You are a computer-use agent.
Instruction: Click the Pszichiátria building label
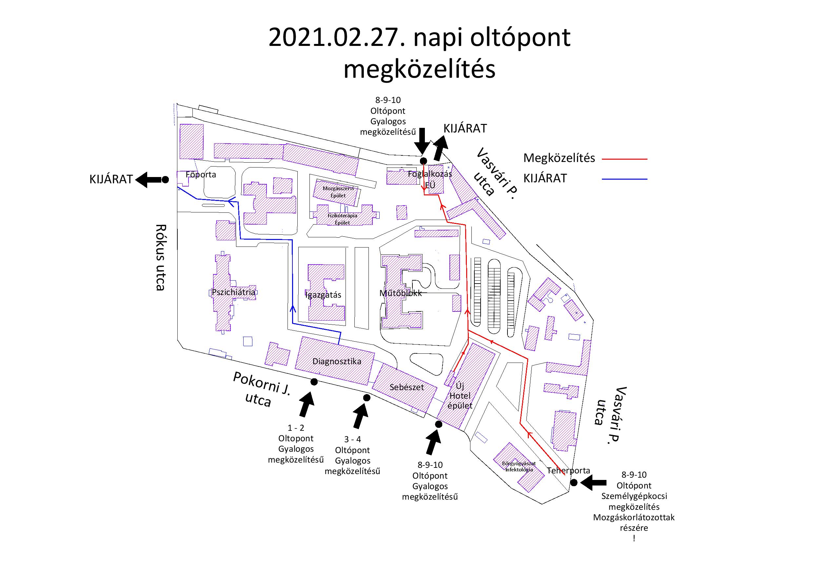point(233,292)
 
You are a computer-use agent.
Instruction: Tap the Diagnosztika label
point(337,361)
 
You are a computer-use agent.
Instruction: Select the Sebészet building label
point(407,387)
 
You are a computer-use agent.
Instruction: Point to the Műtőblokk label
point(401,293)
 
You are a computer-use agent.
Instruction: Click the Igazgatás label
point(323,295)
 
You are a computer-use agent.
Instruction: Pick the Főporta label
point(201,174)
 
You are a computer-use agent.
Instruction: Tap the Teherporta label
point(569,470)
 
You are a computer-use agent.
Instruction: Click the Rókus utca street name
point(161,257)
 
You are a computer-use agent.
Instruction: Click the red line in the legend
point(624,160)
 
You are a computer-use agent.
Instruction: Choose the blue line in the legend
point(624,179)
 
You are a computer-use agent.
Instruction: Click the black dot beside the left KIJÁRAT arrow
point(165,180)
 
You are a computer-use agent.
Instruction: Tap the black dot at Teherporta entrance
point(574,483)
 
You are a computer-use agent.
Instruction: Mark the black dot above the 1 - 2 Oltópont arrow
point(314,382)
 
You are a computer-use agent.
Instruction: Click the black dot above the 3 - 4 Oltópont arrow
point(367,398)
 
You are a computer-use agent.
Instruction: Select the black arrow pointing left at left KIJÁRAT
point(147,180)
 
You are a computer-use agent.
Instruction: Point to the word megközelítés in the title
point(419,69)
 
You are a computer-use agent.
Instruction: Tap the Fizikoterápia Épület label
point(342,219)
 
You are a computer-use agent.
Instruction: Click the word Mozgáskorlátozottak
point(634,517)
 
